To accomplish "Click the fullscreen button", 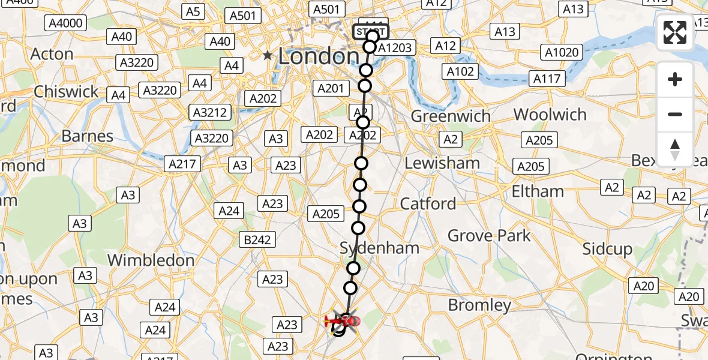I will (675, 32).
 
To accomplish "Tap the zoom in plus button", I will (675, 80).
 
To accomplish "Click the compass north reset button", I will (675, 149).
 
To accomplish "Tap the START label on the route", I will (372, 32).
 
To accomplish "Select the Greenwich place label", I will (450, 116).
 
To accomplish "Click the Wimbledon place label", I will (151, 260).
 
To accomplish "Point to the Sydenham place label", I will (379, 248).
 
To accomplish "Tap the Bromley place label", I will (479, 305).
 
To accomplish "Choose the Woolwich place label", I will (550, 115).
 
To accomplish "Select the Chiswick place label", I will (66, 92).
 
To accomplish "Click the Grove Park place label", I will (489, 236).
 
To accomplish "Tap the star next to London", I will (268, 56).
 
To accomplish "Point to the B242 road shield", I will (257, 240).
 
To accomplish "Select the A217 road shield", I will (183, 163).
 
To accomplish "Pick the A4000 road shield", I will (66, 23).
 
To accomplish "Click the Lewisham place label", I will (442, 163).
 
